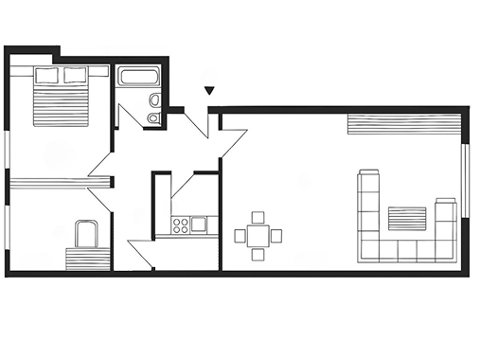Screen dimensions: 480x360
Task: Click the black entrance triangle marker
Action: click(209, 92)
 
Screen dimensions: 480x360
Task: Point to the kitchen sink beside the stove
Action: click(199, 225)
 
